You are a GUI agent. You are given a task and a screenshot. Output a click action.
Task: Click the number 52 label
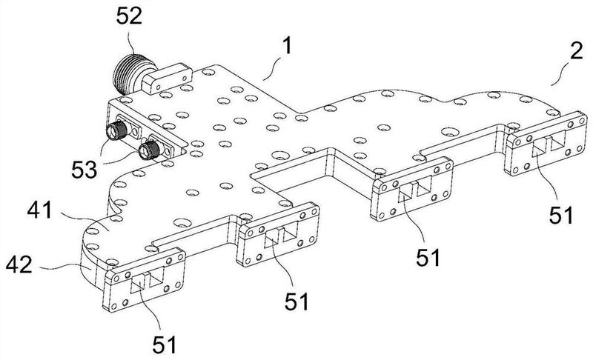[x=129, y=16]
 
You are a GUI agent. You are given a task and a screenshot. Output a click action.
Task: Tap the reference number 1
[x=287, y=47]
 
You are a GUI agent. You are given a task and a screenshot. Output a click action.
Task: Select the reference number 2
[x=577, y=51]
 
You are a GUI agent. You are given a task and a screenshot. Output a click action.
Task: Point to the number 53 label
[x=85, y=170]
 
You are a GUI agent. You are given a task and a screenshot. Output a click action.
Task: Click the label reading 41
[x=39, y=210]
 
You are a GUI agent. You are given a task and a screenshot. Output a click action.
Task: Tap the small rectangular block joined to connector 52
[x=166, y=79]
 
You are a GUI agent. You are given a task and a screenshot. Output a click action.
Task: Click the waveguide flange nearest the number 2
[x=546, y=144]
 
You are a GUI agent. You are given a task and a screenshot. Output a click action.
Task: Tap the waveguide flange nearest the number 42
[x=144, y=279]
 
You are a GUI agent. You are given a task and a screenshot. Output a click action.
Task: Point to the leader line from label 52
[x=132, y=42]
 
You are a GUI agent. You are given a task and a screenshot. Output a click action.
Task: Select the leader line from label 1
[x=272, y=70]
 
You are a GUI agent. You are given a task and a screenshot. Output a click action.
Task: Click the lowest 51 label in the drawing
[x=164, y=344]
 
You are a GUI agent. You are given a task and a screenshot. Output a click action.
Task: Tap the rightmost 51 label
[x=561, y=216]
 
